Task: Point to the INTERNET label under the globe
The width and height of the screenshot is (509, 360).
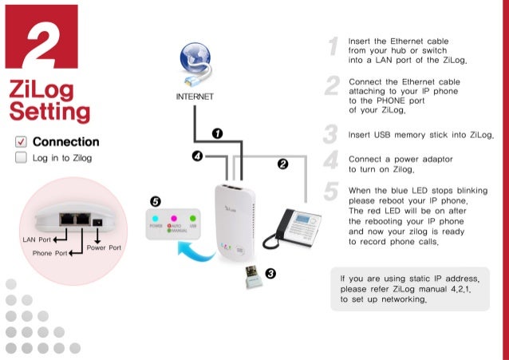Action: coord(195,97)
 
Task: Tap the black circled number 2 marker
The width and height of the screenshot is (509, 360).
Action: coord(282,164)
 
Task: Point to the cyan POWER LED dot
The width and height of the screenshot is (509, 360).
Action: coord(156,217)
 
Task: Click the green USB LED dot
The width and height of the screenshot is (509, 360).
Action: coord(192,217)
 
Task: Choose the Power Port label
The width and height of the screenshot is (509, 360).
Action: coord(104,247)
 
